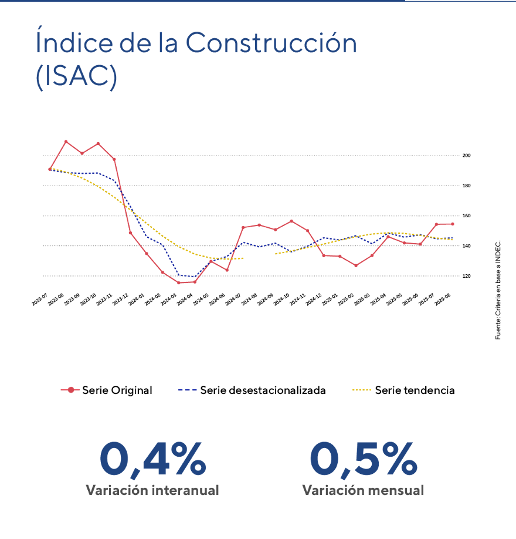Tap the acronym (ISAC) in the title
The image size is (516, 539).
76,78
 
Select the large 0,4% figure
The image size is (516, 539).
153,460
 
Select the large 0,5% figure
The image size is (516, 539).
364,460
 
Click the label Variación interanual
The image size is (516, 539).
152,490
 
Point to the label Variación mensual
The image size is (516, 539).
363,490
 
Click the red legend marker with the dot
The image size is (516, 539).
70,390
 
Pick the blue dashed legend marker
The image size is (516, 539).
188,390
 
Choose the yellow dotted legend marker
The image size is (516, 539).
362,390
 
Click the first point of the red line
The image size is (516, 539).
50,169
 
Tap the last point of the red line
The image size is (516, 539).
453,224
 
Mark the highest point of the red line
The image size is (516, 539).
66,141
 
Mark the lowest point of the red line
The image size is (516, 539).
179,283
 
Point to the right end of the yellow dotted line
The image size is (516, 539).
453,240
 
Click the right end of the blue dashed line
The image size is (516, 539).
453,238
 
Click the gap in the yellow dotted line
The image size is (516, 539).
259,256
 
